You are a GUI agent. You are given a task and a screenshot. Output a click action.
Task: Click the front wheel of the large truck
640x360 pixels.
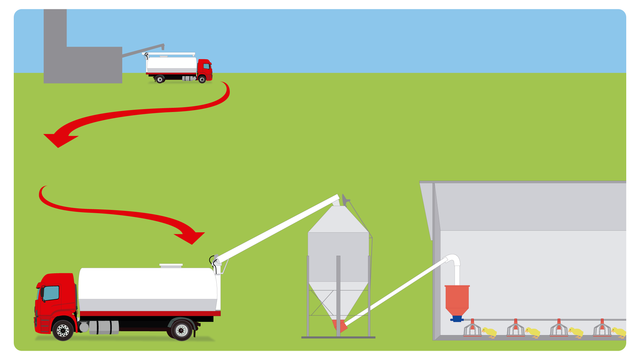coord(63,330)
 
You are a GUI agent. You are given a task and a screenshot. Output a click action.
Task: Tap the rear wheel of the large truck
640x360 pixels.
coord(181,330)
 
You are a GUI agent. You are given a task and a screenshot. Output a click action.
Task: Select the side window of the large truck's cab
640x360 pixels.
coord(51,293)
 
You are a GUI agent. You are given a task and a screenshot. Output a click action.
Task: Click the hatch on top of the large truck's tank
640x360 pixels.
coord(171,266)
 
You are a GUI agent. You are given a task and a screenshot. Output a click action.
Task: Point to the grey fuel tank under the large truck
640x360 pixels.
coord(104,327)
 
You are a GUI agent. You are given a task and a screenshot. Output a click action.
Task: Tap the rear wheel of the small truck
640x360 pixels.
coord(160,79)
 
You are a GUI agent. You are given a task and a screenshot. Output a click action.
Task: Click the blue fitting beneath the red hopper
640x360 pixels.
coord(457,319)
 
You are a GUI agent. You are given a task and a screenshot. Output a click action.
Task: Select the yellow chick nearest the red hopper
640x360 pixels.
coord(490,332)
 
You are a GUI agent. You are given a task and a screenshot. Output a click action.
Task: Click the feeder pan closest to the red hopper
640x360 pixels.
coord(472,330)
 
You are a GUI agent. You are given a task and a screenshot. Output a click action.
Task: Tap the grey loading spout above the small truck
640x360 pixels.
coord(144,51)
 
